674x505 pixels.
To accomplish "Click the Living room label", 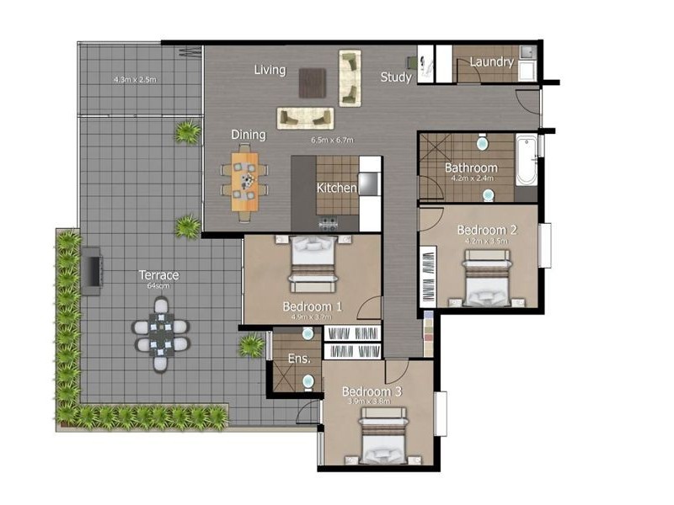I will point(270,70).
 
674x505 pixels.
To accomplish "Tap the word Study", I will point(395,77).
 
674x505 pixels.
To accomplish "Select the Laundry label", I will point(491,62).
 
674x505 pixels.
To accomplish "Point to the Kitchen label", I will point(336,188).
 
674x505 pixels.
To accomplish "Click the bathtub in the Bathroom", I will point(526,160).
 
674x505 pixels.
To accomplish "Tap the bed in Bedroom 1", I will point(313,263).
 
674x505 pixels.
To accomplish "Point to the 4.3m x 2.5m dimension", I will point(136,80).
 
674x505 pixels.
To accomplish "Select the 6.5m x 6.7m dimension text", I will point(331,140).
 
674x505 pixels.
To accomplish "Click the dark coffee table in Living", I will point(313,82).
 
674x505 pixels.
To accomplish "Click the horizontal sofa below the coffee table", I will point(305,118).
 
